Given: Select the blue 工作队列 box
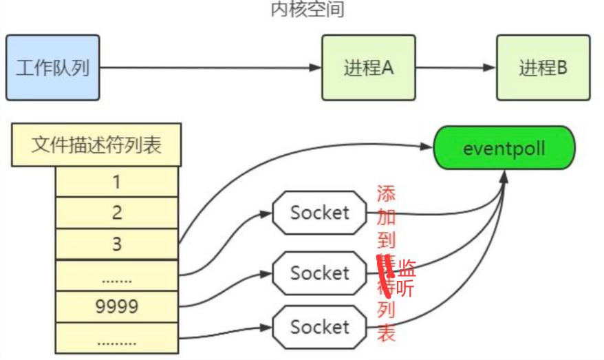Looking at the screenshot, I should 52,68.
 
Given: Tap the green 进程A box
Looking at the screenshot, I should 368,68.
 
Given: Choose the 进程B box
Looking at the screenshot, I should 543,68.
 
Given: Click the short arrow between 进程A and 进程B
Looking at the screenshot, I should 455,68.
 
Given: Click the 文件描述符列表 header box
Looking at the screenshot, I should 96,145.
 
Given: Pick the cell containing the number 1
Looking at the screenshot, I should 117,182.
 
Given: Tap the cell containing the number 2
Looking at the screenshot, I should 117,213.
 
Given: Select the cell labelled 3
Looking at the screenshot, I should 117,244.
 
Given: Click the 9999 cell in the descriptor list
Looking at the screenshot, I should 117,306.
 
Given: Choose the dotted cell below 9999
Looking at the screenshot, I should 117,339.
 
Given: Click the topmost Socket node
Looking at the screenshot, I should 319,213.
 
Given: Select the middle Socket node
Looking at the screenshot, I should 319,273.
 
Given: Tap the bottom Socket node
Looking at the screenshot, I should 319,326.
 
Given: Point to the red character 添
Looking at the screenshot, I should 387,193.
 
